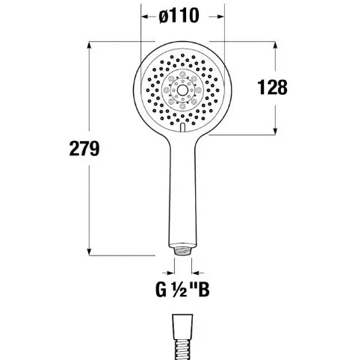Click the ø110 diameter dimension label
click(x=179, y=16)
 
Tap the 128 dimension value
click(x=272, y=87)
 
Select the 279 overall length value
click(x=84, y=149)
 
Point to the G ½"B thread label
click(x=182, y=289)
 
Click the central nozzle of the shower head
click(x=182, y=90)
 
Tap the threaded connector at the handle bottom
click(x=182, y=249)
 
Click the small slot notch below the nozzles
click(x=182, y=128)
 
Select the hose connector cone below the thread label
click(x=182, y=326)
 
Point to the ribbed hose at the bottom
click(x=182, y=350)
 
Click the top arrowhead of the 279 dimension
click(x=90, y=46)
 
